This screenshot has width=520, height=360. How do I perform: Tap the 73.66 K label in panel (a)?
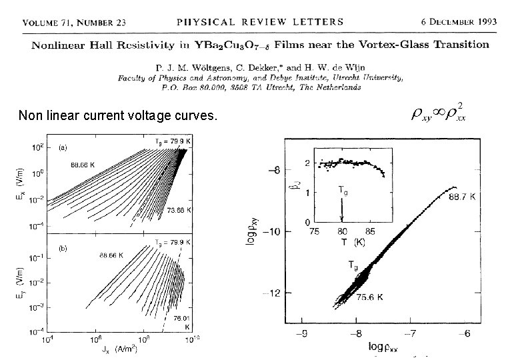pos(179,209)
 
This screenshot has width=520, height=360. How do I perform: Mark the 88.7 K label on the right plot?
pos(462,197)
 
